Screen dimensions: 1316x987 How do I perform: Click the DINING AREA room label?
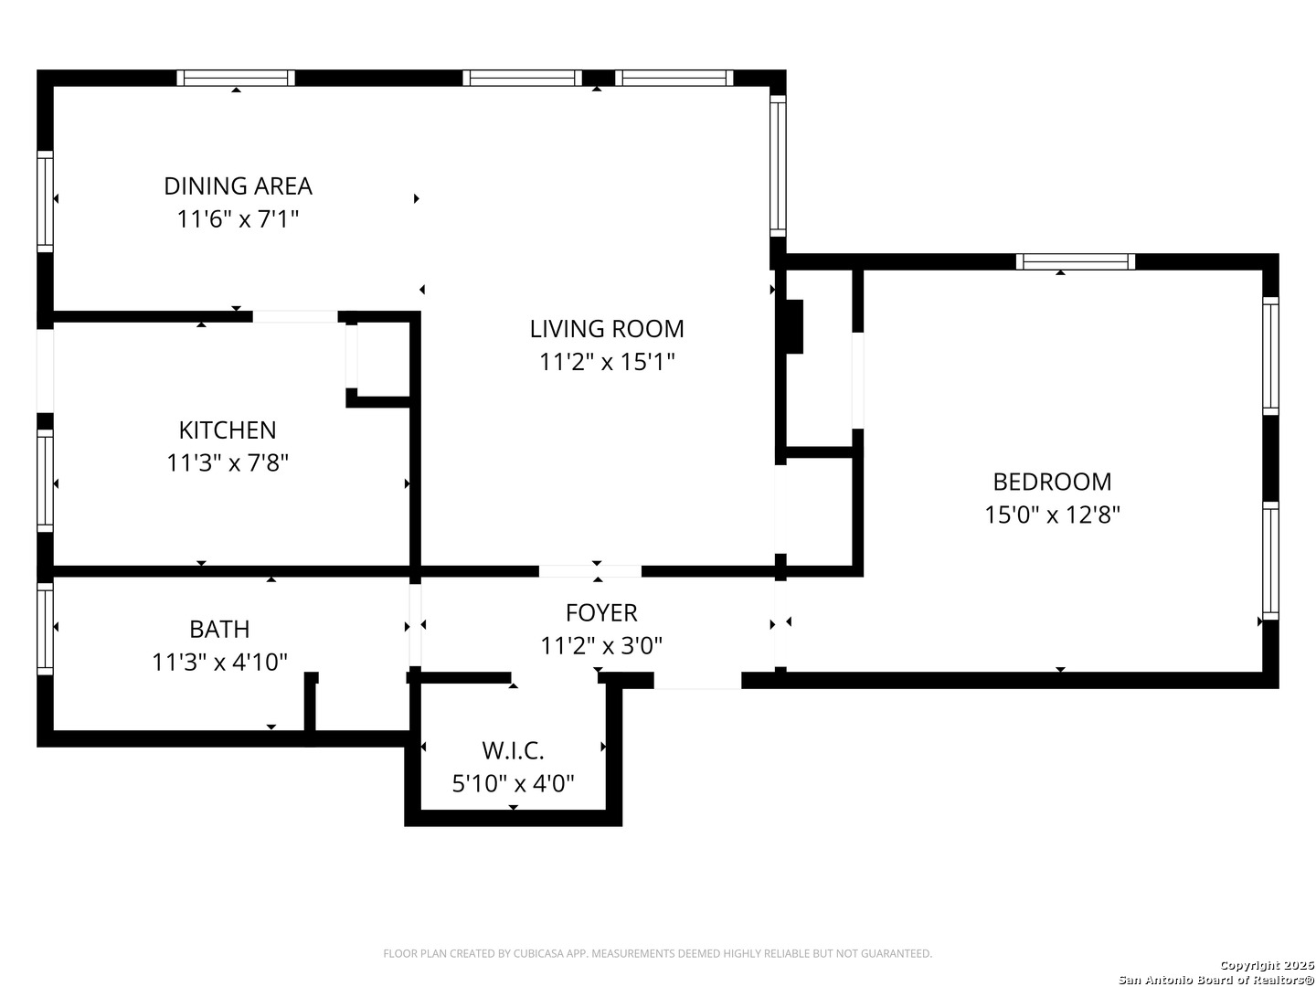(x=238, y=186)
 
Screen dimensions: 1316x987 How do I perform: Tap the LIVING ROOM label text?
(x=607, y=329)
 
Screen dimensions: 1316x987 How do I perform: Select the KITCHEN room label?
(x=228, y=430)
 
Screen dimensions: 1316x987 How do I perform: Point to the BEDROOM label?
(x=1052, y=482)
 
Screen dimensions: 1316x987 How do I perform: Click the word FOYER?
(x=601, y=613)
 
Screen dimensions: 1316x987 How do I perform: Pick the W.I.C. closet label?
(x=514, y=750)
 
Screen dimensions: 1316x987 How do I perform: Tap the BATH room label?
(x=219, y=630)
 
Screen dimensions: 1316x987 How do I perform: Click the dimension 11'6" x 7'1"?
(x=238, y=219)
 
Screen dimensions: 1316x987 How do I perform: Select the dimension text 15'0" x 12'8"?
(x=1052, y=515)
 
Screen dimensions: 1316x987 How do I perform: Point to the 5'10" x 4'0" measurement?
(x=514, y=783)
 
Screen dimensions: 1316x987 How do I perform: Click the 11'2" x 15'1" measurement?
(x=607, y=362)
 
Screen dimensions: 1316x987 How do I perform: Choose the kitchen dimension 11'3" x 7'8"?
(x=228, y=463)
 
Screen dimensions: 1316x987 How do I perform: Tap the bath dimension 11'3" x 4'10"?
(x=219, y=663)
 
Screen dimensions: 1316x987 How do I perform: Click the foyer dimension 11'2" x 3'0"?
(x=601, y=646)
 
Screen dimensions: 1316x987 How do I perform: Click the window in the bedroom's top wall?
(x=1076, y=262)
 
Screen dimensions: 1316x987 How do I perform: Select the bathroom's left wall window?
(x=45, y=629)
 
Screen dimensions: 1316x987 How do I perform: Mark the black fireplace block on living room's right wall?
(x=794, y=326)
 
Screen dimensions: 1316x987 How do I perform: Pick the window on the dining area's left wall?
(x=45, y=202)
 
